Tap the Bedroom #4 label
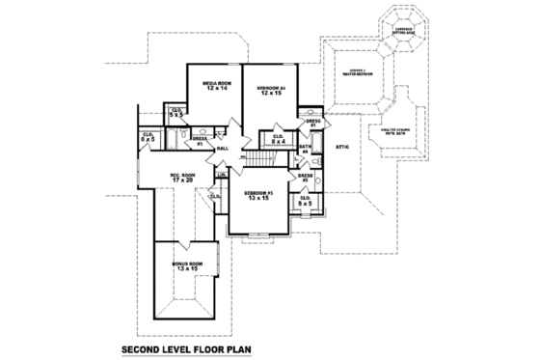[269, 91]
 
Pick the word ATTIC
[341, 146]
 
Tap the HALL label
[223, 149]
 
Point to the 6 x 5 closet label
[148, 137]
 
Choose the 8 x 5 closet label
[305, 202]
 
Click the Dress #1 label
[312, 124]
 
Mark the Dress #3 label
[199, 142]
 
